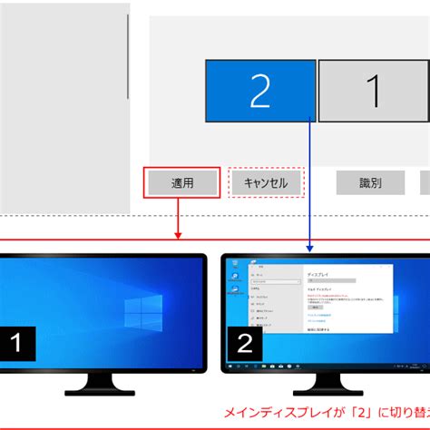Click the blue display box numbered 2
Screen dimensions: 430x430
click(x=259, y=91)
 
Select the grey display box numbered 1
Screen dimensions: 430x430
click(x=373, y=91)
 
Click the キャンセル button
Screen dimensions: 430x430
click(x=265, y=182)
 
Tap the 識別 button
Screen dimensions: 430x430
click(x=370, y=182)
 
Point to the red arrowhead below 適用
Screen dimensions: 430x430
click(x=179, y=235)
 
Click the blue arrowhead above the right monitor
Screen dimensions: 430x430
click(x=310, y=246)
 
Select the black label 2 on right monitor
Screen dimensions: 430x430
click(x=245, y=344)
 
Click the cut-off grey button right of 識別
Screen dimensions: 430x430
click(x=425, y=182)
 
